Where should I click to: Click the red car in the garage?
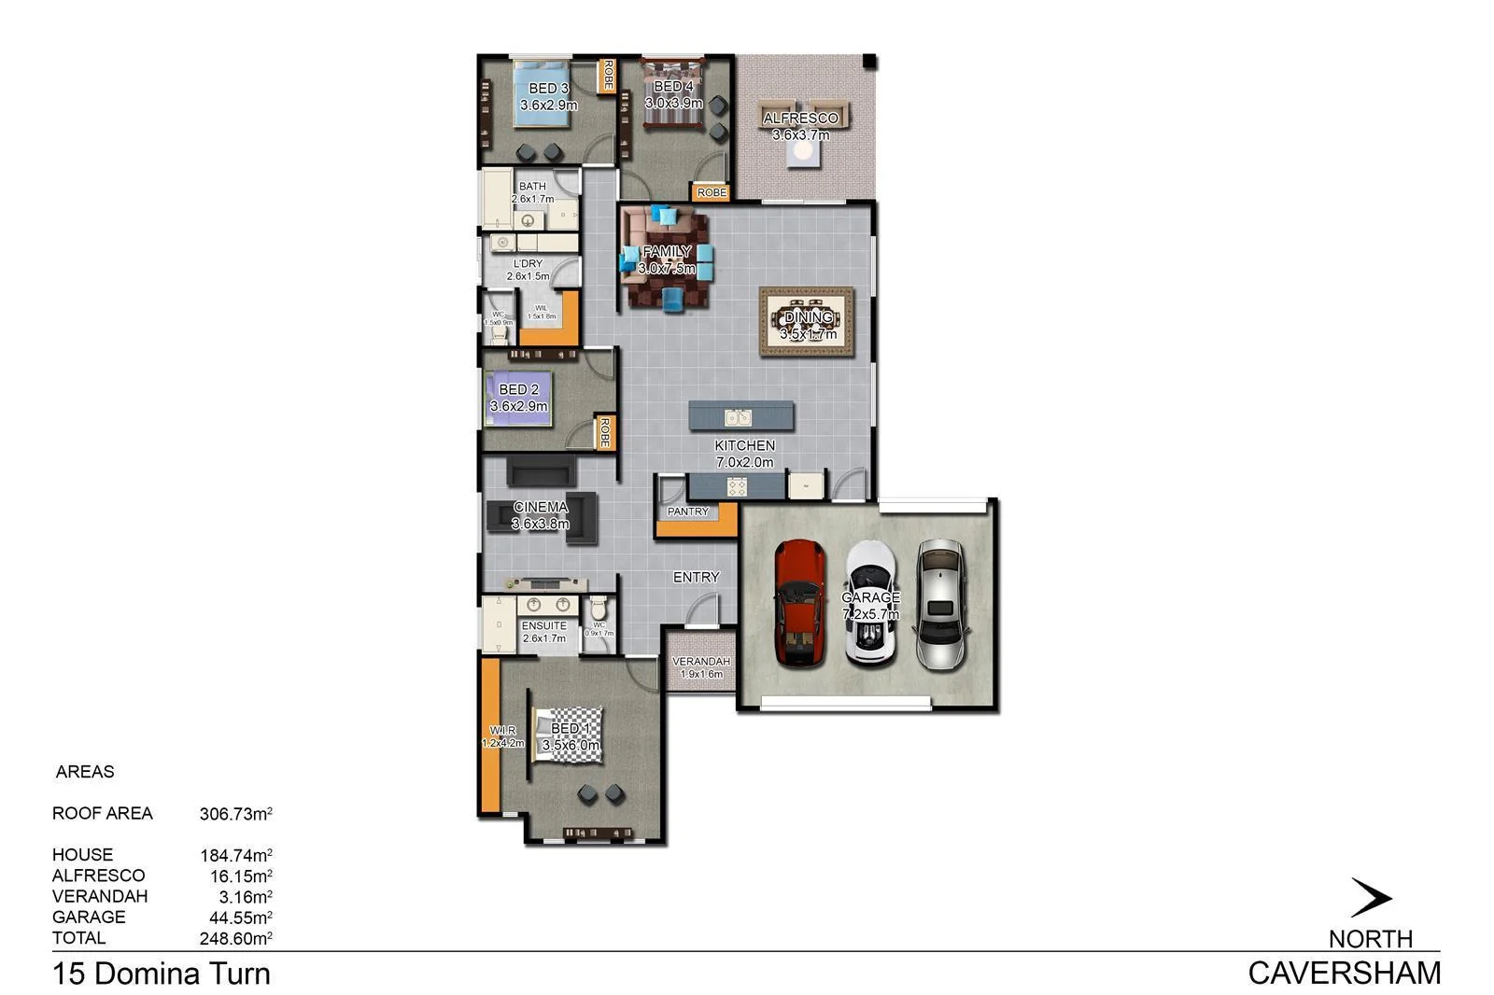(x=799, y=603)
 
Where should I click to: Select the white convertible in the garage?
(x=870, y=603)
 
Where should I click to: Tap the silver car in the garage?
(x=941, y=603)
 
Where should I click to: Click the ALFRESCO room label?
(x=800, y=119)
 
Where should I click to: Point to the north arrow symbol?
(x=1371, y=898)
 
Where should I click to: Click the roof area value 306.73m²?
(x=235, y=814)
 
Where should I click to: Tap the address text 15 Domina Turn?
(x=162, y=974)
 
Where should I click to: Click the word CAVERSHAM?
(x=1344, y=974)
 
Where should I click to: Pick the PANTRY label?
(x=688, y=512)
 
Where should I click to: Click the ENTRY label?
(x=697, y=578)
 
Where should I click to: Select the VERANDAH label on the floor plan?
(x=701, y=662)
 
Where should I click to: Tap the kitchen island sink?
(x=738, y=417)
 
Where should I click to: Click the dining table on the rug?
(x=807, y=322)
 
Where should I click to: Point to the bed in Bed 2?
(x=518, y=399)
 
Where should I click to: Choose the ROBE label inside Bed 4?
(x=712, y=192)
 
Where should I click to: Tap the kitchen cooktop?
(x=738, y=486)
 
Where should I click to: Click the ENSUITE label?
(x=544, y=625)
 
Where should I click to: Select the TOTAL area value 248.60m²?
(x=235, y=938)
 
